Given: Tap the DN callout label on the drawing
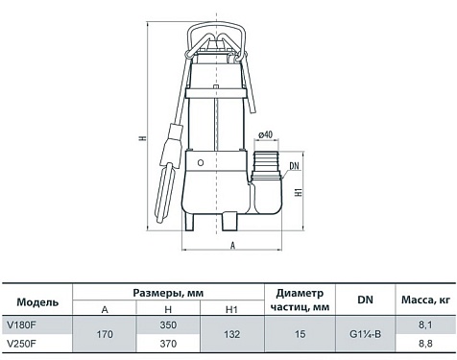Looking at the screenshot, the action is click(x=294, y=166).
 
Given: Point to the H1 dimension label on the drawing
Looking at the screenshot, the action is click(x=299, y=192).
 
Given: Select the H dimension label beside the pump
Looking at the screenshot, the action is click(x=143, y=138).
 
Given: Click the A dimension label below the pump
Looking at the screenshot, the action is click(x=233, y=245).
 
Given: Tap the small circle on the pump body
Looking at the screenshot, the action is click(x=201, y=163).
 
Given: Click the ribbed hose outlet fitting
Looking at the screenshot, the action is click(x=267, y=161).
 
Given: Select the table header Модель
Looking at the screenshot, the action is click(x=37, y=302).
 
